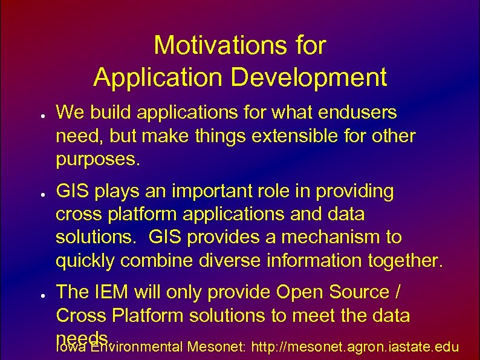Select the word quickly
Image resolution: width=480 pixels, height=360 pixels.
pyautogui.click(x=86, y=261)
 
